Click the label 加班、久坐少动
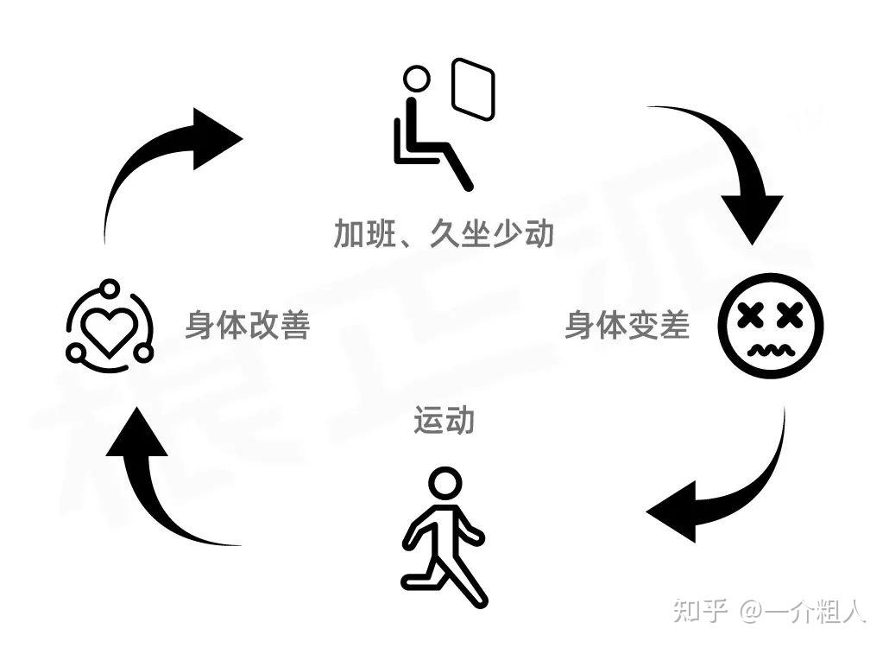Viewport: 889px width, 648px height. (x=444, y=233)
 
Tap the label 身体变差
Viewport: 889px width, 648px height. (x=627, y=326)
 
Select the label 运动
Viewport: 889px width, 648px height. (x=444, y=421)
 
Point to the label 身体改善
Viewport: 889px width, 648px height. (x=248, y=326)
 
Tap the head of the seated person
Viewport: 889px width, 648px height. (x=417, y=79)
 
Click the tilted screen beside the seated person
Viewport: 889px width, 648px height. (x=473, y=88)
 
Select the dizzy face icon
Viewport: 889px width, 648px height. (x=771, y=327)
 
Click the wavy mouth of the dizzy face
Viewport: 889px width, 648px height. (x=771, y=349)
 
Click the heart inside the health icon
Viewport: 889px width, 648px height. (x=110, y=328)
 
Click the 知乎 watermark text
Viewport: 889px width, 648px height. (x=700, y=610)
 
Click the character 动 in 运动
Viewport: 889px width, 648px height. (x=459, y=421)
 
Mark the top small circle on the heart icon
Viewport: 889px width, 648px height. (x=109, y=288)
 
